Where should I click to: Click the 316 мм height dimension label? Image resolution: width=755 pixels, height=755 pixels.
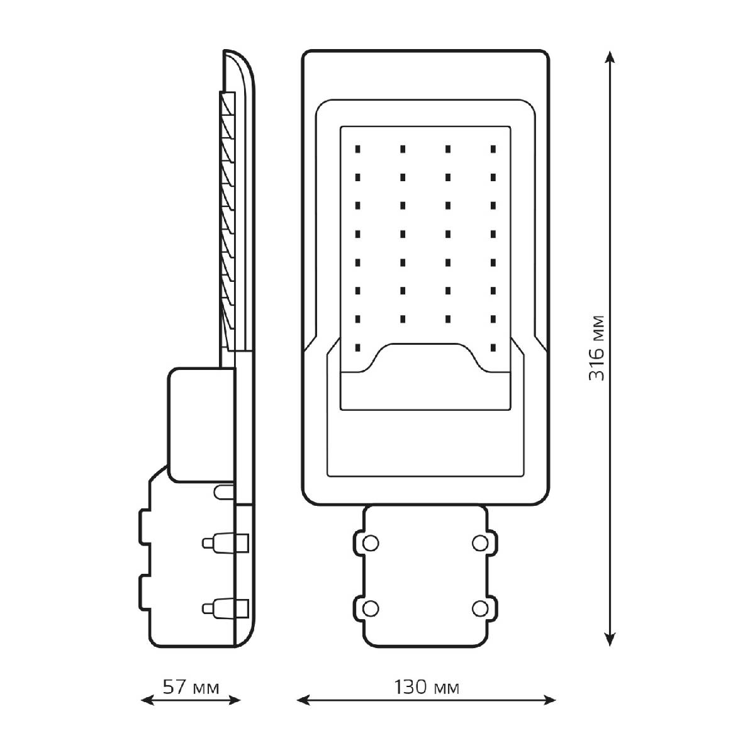click(x=596, y=348)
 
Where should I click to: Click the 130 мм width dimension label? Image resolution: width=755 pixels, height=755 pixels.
click(x=427, y=687)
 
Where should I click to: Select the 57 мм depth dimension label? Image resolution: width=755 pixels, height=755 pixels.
click(x=191, y=687)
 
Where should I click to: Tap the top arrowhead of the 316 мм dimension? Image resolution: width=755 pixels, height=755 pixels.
click(x=609, y=57)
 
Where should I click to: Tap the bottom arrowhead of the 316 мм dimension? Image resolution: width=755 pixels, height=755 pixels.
click(x=609, y=639)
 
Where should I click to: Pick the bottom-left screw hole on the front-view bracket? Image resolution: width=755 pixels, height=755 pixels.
click(x=370, y=609)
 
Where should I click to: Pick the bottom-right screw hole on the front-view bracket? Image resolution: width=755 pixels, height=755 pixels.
click(x=480, y=609)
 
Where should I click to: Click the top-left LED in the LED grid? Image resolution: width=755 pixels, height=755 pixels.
click(x=357, y=149)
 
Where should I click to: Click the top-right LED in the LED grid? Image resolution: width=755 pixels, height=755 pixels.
click(x=493, y=149)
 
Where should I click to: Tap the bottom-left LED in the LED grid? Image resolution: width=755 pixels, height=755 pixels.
click(x=357, y=347)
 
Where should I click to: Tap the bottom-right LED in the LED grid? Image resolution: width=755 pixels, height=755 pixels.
click(x=493, y=347)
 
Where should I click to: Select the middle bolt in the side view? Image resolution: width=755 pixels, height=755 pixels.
click(x=225, y=542)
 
